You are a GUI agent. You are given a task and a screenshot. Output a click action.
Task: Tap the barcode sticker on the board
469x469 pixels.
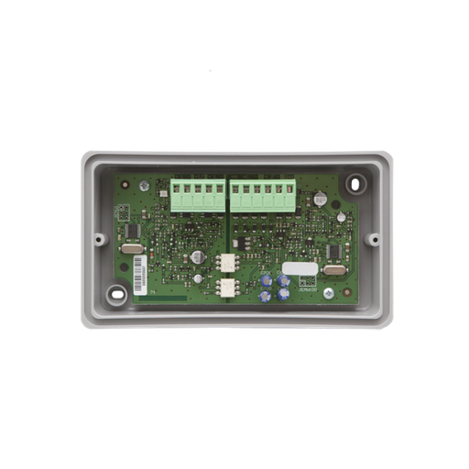point(140,271)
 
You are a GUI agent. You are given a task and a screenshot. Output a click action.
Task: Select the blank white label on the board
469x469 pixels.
point(300,268)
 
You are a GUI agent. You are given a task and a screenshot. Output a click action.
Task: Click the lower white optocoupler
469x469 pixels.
point(226,287)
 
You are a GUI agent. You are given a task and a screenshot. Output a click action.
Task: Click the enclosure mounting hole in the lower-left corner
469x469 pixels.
point(116,294)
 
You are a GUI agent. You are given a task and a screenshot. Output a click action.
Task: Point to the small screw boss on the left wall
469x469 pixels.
point(95,238)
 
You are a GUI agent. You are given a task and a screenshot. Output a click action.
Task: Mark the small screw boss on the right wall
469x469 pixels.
point(373,239)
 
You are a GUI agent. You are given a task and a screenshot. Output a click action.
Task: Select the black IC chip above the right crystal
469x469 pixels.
point(333,249)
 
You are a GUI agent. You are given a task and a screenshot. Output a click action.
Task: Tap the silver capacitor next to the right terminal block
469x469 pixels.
point(319,197)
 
